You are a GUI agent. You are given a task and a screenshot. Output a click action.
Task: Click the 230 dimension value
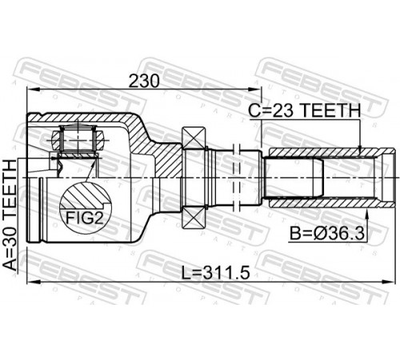pyautogui.click(x=144, y=81)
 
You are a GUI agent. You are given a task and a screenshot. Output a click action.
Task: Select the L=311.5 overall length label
pyautogui.click(x=215, y=274)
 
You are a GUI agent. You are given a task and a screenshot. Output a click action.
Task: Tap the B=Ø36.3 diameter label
pyautogui.click(x=327, y=234)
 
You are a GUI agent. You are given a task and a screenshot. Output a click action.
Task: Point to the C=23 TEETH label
pyautogui.click(x=305, y=110)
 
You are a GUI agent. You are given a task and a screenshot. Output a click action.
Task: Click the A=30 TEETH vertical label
pyautogui.click(x=10, y=215)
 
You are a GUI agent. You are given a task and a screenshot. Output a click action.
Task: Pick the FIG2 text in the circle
pyautogui.click(x=84, y=218)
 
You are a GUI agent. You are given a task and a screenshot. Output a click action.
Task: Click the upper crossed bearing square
pyautogui.click(x=194, y=138)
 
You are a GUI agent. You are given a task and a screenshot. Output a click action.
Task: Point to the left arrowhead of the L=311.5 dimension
pyautogui.click(x=33, y=282)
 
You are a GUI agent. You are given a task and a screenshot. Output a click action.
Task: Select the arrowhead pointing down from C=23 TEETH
pyautogui.click(x=360, y=149)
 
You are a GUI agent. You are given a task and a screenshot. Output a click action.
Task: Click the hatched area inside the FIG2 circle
pyautogui.click(x=86, y=196)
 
